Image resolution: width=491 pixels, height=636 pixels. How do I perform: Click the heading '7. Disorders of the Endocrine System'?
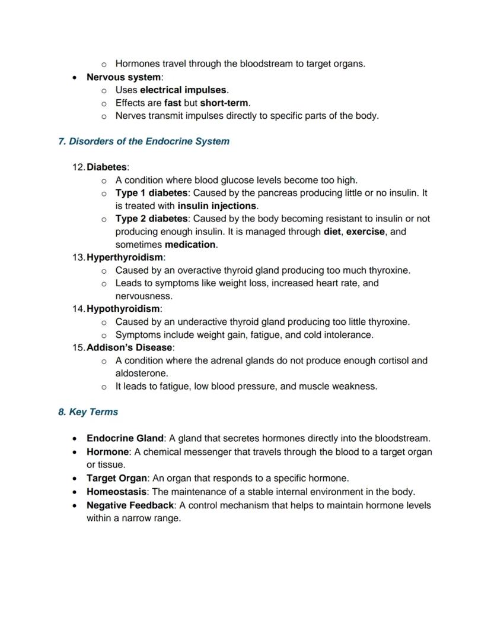(x=144, y=141)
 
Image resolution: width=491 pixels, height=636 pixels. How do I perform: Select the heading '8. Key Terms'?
(x=88, y=412)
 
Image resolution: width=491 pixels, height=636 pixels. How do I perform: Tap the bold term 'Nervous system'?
(x=123, y=77)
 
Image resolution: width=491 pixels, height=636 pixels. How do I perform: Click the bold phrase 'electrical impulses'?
(x=183, y=90)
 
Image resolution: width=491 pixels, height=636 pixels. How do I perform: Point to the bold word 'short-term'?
(x=224, y=103)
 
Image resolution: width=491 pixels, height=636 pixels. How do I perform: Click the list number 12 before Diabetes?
(x=78, y=167)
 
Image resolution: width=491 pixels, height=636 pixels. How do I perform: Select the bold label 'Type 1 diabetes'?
(x=151, y=193)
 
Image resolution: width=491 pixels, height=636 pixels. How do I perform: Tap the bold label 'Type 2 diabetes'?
(x=151, y=219)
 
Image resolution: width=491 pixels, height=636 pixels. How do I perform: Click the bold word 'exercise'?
(x=365, y=232)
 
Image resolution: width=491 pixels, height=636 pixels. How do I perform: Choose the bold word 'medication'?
(x=190, y=245)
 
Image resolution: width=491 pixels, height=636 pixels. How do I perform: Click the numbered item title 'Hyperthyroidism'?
(x=125, y=257)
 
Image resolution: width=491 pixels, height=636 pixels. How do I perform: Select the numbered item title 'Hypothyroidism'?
(x=123, y=309)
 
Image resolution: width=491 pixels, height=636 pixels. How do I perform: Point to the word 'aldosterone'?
(x=142, y=374)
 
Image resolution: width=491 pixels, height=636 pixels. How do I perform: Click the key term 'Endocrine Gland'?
(x=125, y=438)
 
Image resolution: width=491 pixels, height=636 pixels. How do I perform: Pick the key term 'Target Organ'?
(x=116, y=478)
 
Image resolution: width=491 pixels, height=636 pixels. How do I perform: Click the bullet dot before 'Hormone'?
(x=74, y=452)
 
